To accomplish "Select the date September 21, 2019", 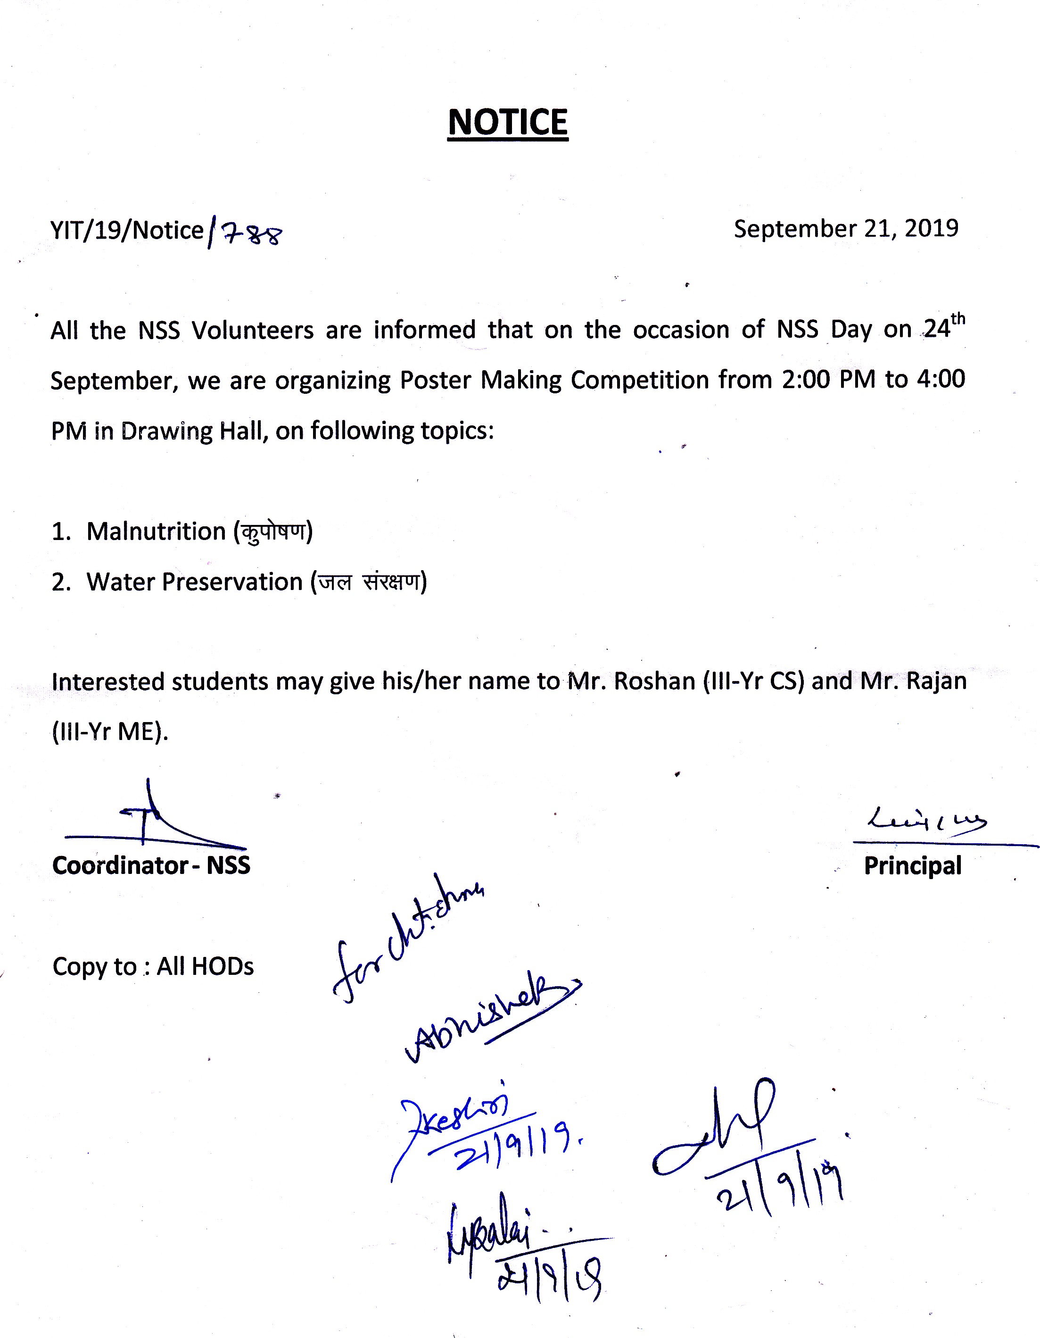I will (x=846, y=229).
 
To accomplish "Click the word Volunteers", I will (x=252, y=331).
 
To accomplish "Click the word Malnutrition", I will (x=156, y=531).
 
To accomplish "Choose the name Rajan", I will (x=936, y=681).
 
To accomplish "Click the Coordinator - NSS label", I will (x=151, y=865).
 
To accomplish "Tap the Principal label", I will (x=912, y=865).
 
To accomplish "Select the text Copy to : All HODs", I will (x=153, y=966).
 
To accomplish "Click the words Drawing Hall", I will (x=195, y=431).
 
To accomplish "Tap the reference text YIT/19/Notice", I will (x=127, y=230).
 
